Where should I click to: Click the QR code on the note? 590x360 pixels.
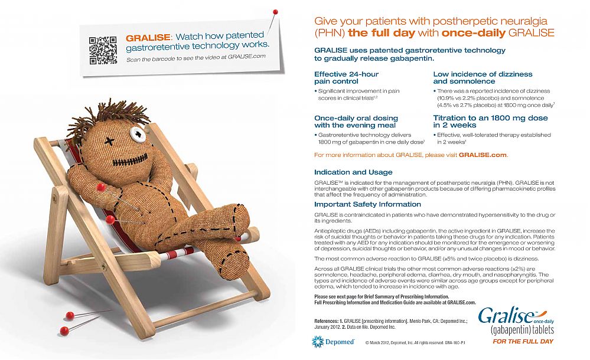click(103, 50)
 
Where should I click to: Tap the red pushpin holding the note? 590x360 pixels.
click(274, 12)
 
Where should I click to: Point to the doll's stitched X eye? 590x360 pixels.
click(109, 141)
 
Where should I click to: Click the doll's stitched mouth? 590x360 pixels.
click(125, 158)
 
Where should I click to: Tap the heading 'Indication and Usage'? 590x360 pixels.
click(353, 172)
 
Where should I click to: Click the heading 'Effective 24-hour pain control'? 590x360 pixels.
click(346, 77)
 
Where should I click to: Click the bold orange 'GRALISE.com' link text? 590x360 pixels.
click(483, 155)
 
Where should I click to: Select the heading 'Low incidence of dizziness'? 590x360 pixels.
click(483, 77)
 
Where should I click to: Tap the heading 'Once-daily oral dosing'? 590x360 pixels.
click(354, 122)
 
